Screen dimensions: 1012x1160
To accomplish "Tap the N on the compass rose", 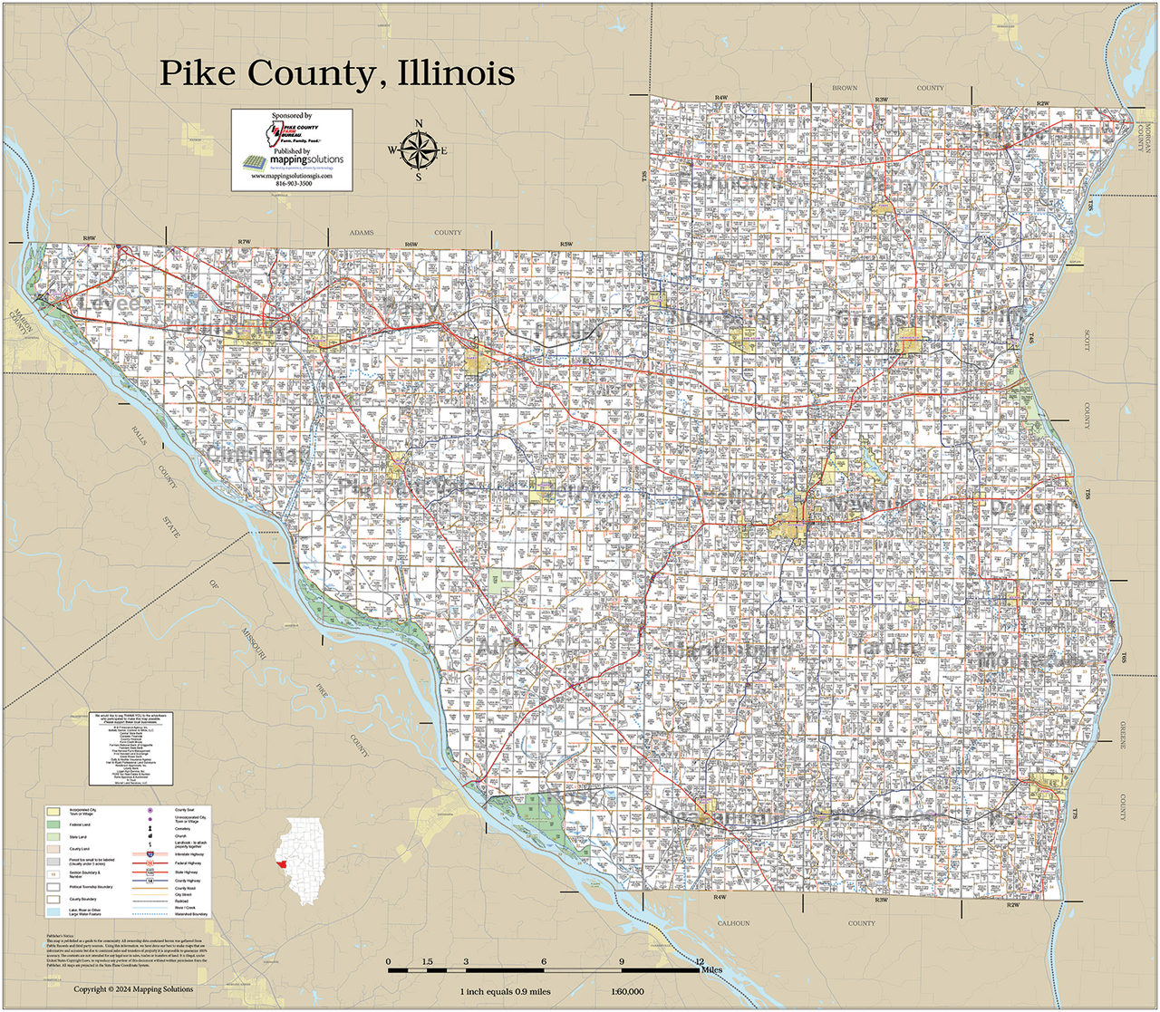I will [x=419, y=124].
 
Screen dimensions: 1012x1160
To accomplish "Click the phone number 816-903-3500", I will [x=292, y=183].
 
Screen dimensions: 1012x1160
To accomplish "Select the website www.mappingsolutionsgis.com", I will [x=292, y=176].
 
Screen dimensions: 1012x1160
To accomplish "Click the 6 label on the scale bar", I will [x=544, y=961].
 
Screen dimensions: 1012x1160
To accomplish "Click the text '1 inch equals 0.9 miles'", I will [x=505, y=991].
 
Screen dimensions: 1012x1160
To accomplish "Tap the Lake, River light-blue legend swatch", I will [x=53, y=911].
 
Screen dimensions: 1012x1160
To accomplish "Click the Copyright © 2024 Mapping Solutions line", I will [x=133, y=988].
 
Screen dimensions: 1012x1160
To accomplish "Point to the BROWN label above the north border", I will [x=845, y=88].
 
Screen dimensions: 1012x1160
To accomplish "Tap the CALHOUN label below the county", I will [x=734, y=923].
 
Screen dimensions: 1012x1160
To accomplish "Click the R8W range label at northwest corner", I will [x=89, y=238].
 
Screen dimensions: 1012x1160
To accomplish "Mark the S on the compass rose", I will [x=419, y=178].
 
